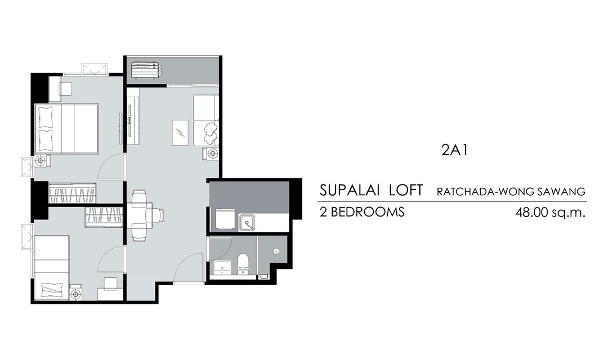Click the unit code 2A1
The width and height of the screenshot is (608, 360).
click(x=454, y=150)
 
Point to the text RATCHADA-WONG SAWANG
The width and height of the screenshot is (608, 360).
click(x=511, y=191)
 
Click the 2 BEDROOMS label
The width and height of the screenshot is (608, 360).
click(x=362, y=212)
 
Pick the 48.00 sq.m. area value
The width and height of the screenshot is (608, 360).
click(x=550, y=213)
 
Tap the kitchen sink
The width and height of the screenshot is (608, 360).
click(x=247, y=222)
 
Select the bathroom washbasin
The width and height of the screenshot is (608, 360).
click(x=222, y=268)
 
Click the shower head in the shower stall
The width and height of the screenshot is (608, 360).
click(x=276, y=251)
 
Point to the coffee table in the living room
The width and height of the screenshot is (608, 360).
click(x=180, y=133)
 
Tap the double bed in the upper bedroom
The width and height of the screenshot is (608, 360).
click(x=66, y=128)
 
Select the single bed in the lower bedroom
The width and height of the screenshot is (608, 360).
click(x=52, y=267)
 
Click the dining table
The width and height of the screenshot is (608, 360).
click(x=140, y=215)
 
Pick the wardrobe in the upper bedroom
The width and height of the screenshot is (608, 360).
click(x=72, y=192)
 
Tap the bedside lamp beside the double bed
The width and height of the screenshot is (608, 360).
click(x=41, y=160)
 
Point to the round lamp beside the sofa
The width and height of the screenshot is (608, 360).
click(x=212, y=154)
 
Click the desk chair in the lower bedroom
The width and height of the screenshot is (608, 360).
click(x=110, y=283)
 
